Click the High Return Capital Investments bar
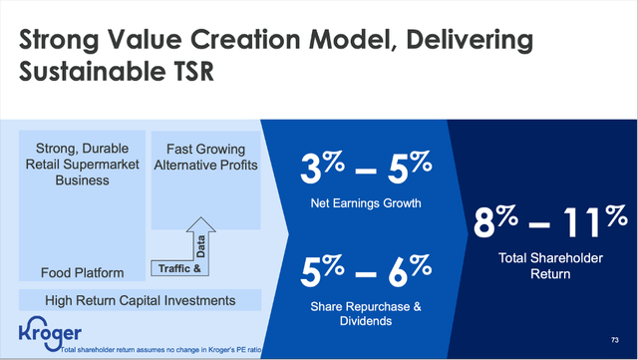139,299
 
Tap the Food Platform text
84,271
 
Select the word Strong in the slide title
67,41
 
